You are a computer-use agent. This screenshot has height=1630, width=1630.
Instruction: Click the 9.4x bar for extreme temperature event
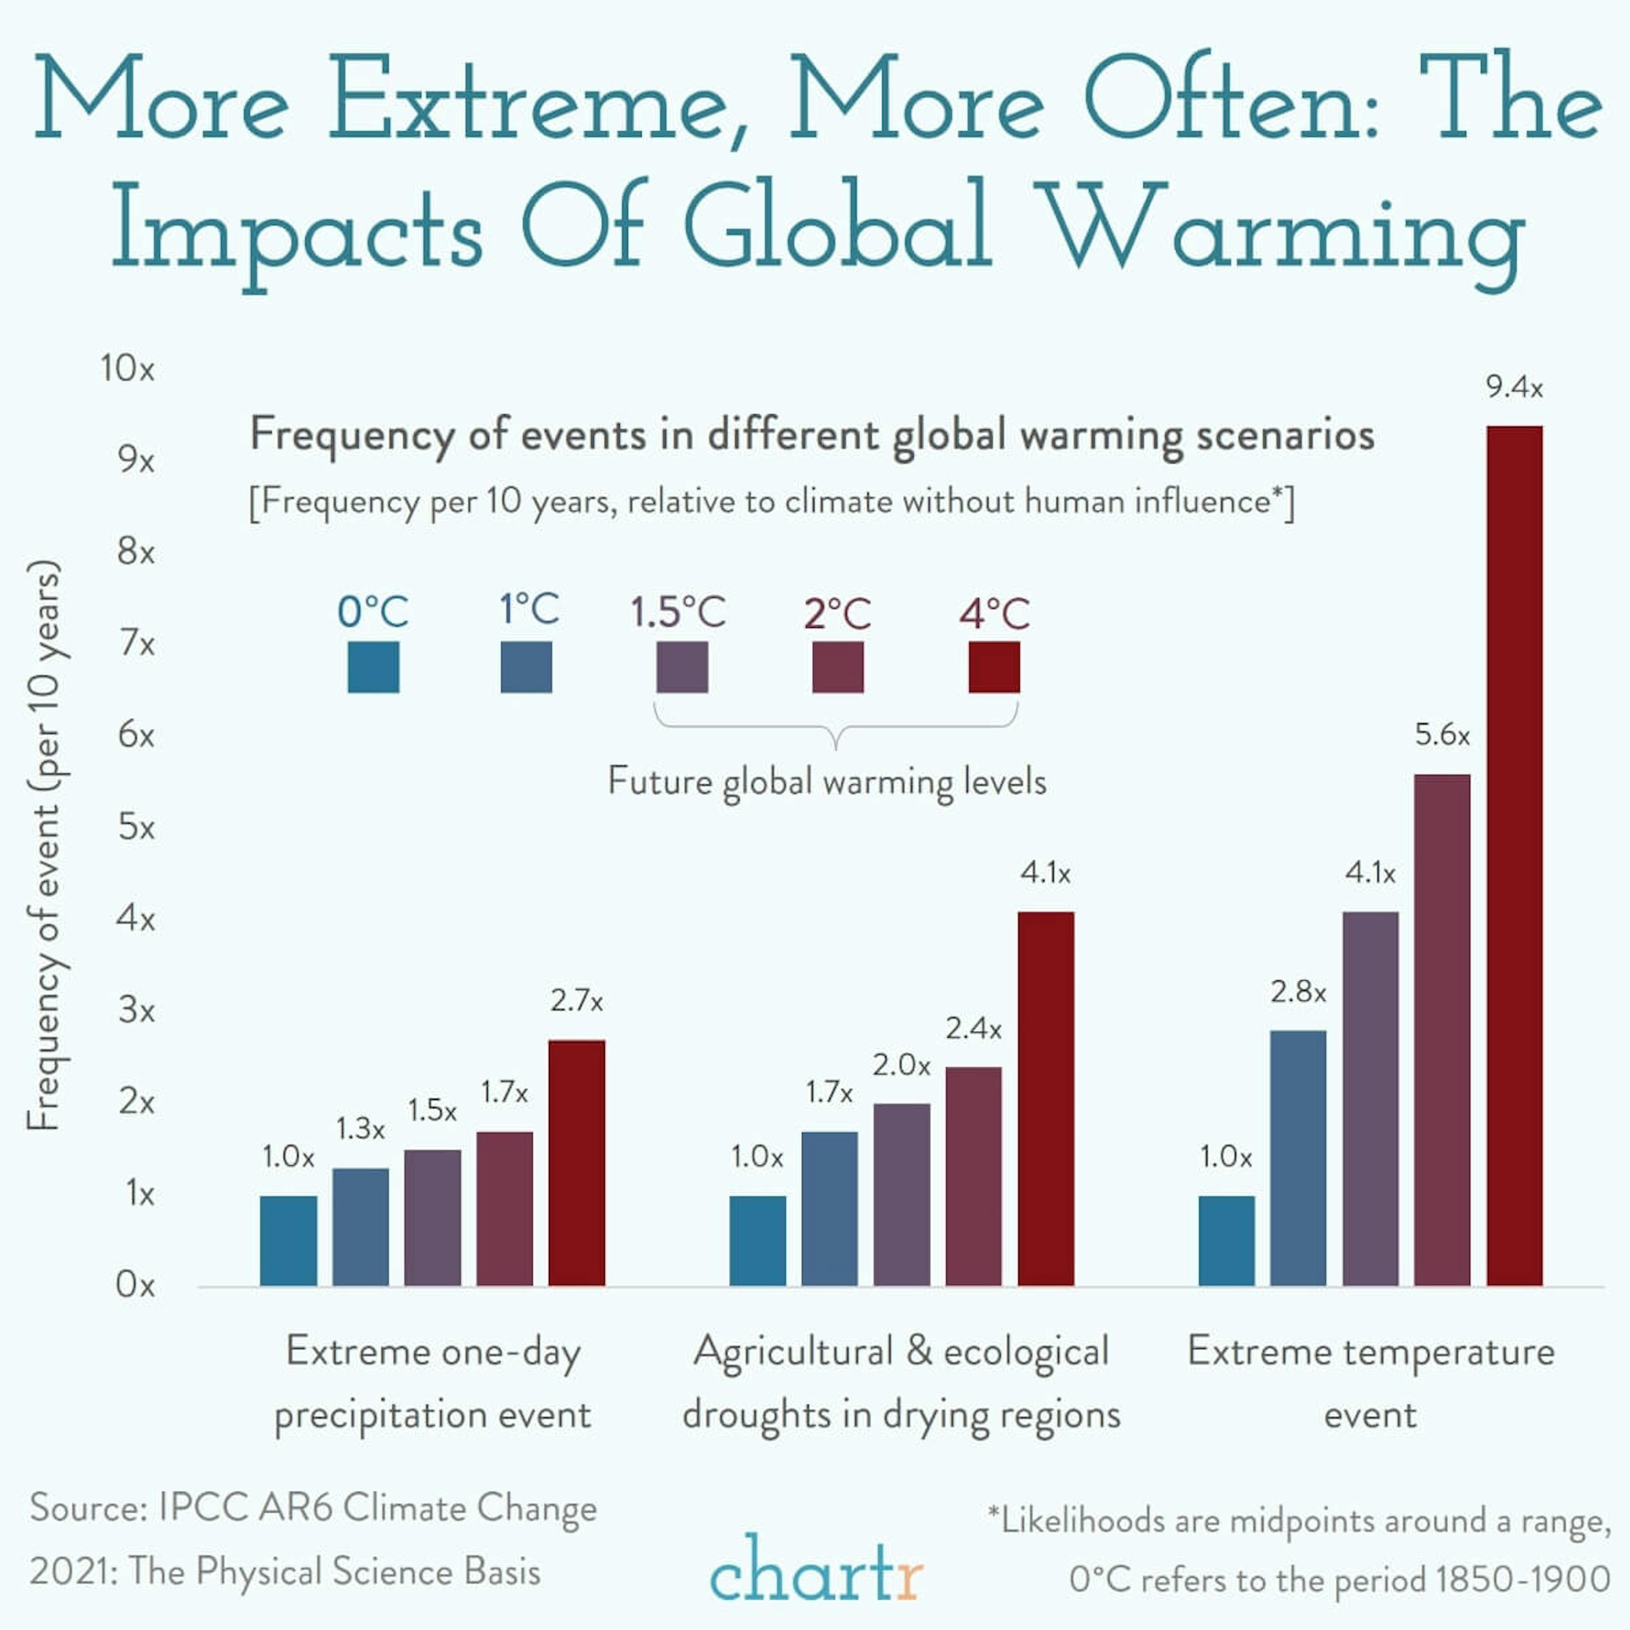1515,856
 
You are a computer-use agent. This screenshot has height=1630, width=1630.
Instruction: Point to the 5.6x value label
1442,735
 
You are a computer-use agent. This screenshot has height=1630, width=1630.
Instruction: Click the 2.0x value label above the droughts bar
901,1065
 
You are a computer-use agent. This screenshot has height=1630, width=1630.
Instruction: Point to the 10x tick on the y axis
127,369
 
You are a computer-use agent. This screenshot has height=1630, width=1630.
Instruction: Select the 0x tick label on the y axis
135,1285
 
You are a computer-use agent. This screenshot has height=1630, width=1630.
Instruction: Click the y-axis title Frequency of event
44,844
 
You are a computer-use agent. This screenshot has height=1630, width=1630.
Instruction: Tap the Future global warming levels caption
827,781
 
